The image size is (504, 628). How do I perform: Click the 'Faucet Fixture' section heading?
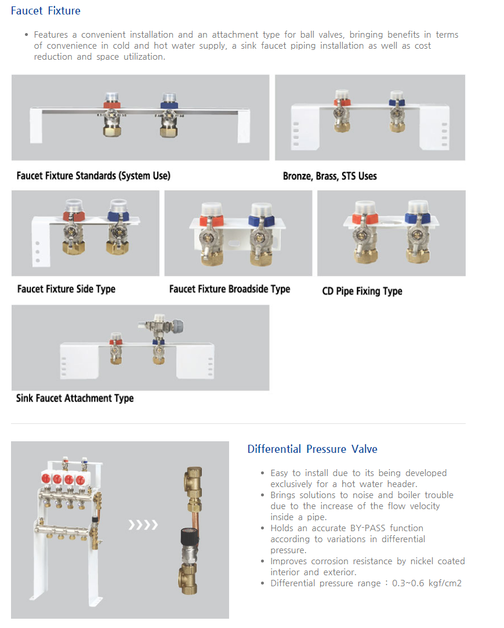(x=46, y=11)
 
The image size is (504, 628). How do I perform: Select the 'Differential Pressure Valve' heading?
(x=312, y=449)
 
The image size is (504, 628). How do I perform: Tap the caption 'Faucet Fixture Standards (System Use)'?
(x=93, y=176)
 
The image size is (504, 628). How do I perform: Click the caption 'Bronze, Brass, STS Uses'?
(x=329, y=176)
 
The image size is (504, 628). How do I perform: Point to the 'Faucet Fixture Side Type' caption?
(x=66, y=289)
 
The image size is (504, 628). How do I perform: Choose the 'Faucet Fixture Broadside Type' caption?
(x=229, y=289)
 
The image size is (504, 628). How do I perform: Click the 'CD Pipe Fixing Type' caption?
(x=362, y=291)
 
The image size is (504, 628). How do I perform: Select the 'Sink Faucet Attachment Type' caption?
(x=75, y=398)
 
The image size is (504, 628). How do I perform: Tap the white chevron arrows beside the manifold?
(x=143, y=525)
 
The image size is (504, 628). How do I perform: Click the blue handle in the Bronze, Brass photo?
(x=397, y=103)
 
